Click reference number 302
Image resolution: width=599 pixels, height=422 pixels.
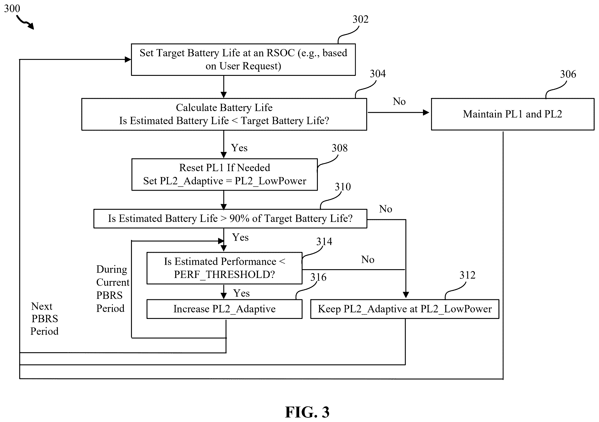pos(361,19)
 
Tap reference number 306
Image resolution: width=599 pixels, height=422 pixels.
pos(568,74)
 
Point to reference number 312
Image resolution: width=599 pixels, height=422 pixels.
pos(467,275)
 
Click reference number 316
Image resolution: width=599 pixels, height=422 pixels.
pos(318,277)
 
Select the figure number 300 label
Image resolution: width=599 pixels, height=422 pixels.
pos(12,9)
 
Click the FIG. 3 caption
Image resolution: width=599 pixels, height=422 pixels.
pos(307,412)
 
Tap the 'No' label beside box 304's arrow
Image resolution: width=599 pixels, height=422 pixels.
pos(399,102)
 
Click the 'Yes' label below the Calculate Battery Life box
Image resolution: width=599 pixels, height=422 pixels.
pos(239,148)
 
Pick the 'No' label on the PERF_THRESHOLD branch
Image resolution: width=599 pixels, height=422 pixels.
pos(368,260)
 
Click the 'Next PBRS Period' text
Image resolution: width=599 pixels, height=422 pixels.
pos(44,319)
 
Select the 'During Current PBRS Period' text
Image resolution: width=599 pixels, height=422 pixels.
pos(113,289)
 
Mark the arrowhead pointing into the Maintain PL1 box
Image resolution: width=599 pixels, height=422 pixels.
pos(426,112)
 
